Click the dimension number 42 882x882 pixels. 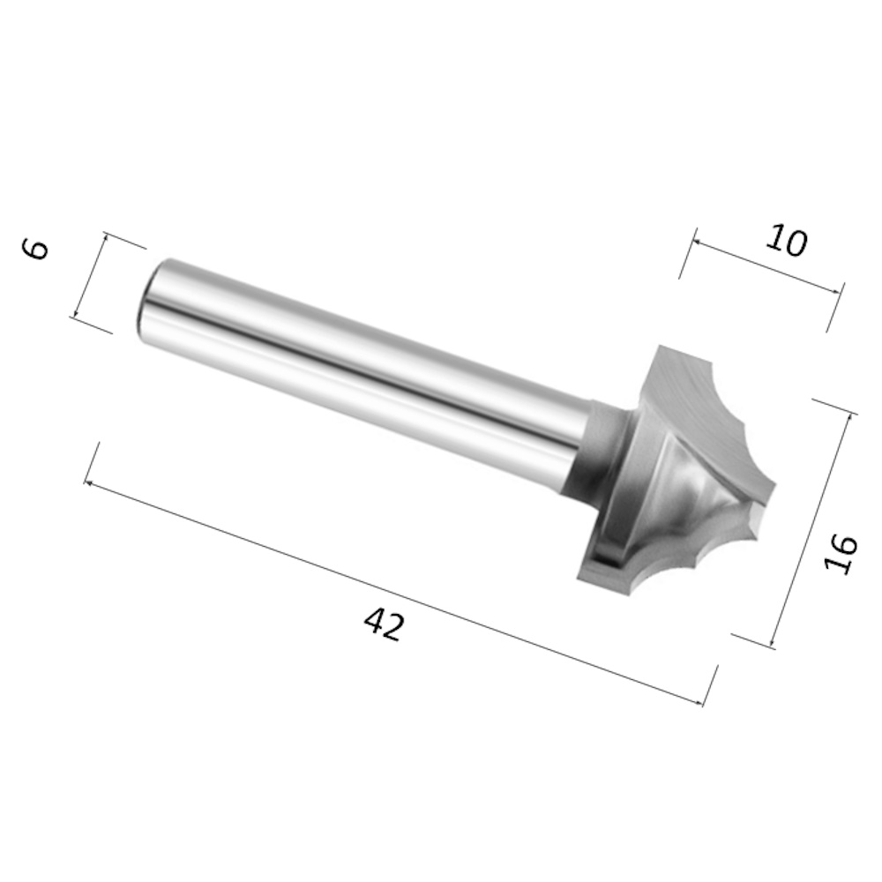(385, 625)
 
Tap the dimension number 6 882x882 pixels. (35, 249)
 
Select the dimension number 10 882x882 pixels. (787, 240)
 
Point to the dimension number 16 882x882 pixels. (841, 554)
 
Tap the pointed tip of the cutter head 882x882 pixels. (775, 485)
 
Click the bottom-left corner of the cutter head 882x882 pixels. (579, 579)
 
